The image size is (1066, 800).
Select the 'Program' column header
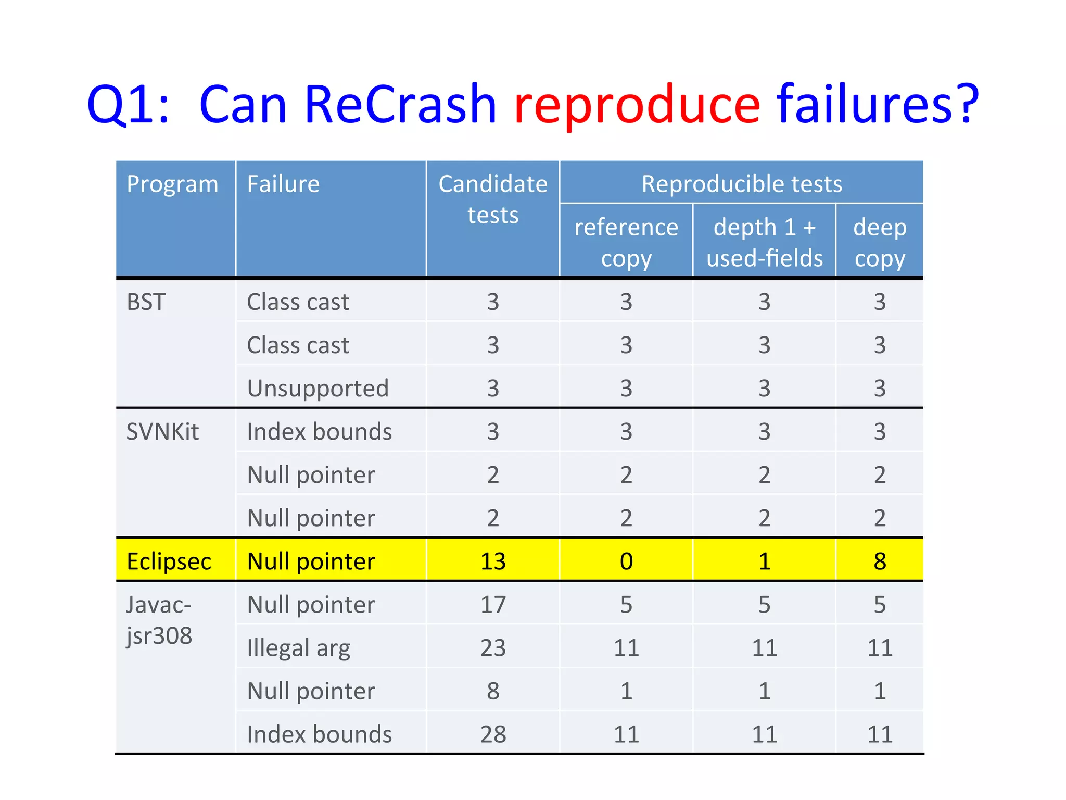[172, 184]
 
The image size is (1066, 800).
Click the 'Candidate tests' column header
[492, 199]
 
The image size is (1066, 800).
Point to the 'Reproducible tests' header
[741, 184]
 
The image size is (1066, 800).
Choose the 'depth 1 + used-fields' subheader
[764, 243]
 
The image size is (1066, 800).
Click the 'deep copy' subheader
[879, 243]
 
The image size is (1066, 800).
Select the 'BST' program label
[146, 302]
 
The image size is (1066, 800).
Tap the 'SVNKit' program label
[162, 432]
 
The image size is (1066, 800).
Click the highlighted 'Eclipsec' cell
[169, 561]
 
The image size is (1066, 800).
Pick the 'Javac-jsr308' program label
[159, 620]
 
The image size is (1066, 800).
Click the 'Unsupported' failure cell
[318, 389]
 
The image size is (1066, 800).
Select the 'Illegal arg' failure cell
[298, 648]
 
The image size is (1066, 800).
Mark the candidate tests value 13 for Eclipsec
[492, 561]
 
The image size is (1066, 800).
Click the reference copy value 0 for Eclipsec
[626, 561]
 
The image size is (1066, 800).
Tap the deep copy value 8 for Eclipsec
[879, 561]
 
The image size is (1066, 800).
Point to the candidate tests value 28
[492, 734]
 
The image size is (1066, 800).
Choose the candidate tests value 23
[492, 648]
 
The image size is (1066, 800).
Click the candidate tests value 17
[492, 605]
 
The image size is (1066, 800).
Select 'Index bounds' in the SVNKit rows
[319, 432]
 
